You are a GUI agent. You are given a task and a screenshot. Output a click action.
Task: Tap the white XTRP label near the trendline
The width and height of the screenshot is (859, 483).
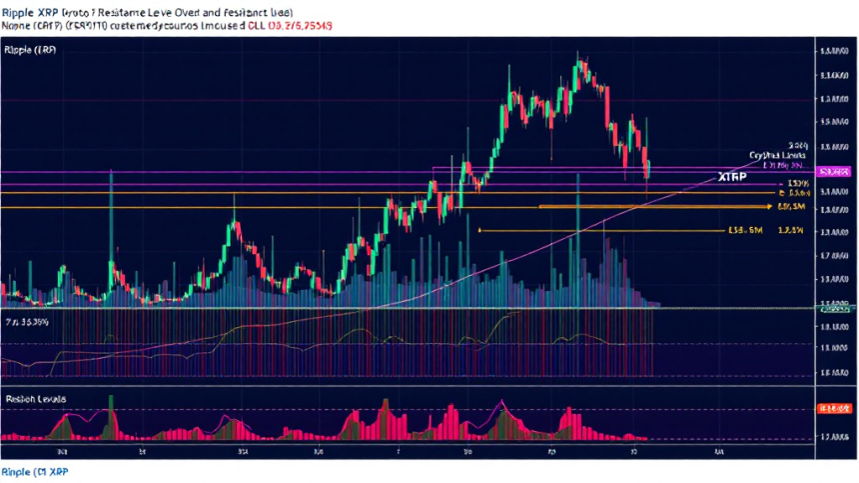coord(732,176)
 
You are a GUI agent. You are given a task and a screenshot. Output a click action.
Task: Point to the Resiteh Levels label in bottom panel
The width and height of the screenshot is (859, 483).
coord(36,398)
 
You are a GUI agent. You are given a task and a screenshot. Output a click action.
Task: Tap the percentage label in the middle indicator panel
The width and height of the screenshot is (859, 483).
coord(27,323)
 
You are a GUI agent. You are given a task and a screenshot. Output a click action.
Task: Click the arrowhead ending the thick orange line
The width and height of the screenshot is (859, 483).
coord(769,207)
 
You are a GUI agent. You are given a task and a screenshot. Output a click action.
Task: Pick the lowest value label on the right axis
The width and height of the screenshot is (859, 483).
coord(832,437)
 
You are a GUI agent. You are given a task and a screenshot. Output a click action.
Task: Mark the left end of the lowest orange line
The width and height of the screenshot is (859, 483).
coord(480,230)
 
